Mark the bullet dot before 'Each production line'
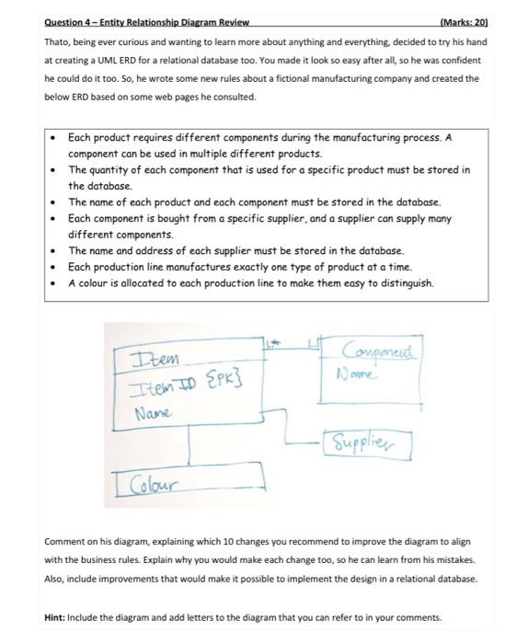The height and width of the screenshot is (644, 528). pyautogui.click(x=56, y=267)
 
